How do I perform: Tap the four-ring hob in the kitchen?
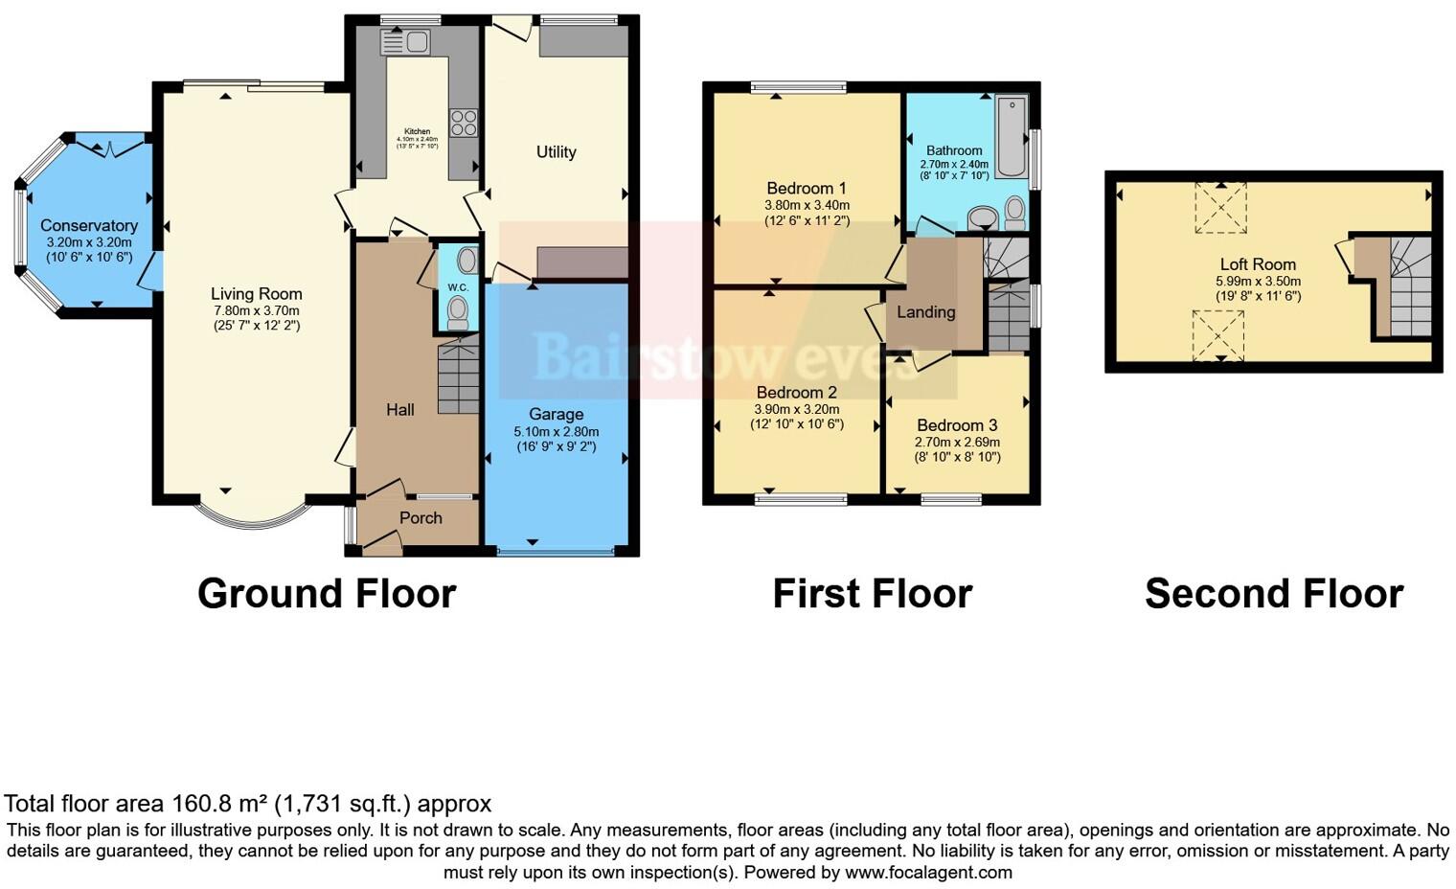(464, 122)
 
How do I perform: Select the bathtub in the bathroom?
(1011, 136)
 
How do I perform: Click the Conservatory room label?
(89, 225)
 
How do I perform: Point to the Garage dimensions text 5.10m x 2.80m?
(556, 431)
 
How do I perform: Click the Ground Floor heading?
(326, 593)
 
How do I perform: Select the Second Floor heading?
(1273, 593)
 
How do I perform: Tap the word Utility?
(556, 151)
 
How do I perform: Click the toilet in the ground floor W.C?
(459, 309)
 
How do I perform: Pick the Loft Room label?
(1257, 264)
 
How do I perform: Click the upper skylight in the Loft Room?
(1220, 209)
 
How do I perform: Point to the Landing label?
(925, 312)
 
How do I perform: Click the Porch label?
(421, 517)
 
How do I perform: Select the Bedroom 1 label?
(806, 188)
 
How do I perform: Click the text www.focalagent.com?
(928, 873)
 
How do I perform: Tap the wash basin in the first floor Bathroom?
(983, 218)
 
